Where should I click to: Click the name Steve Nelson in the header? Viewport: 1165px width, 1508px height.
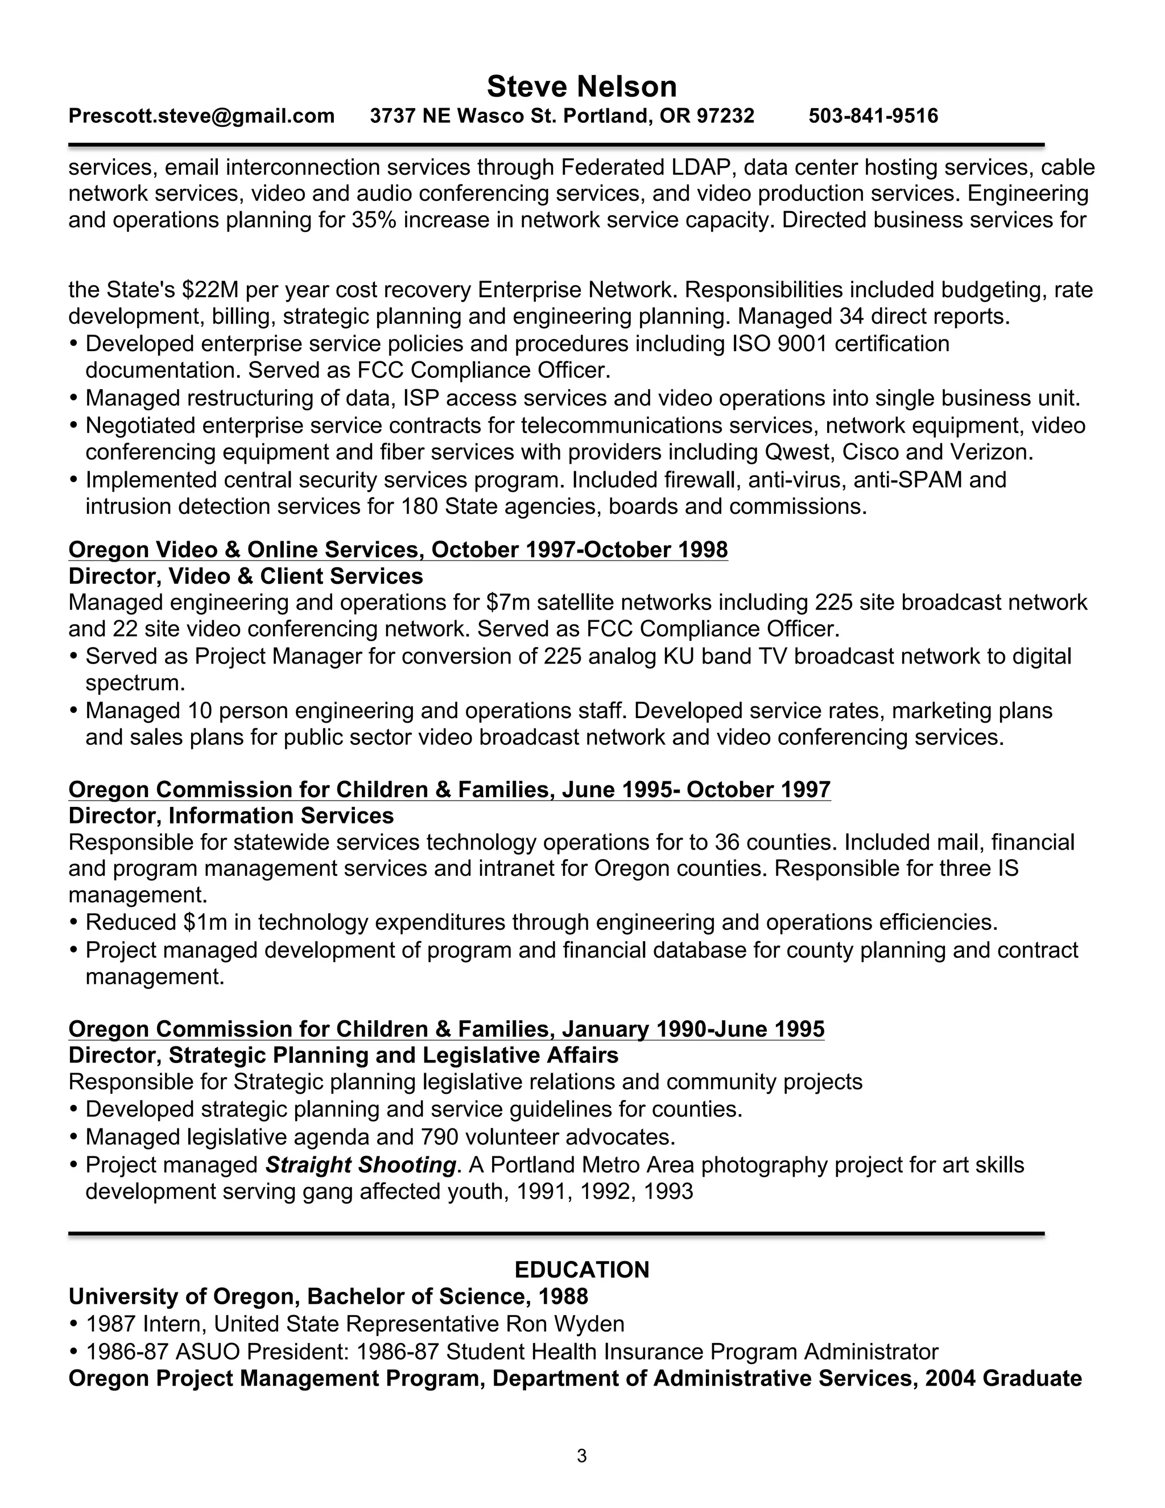click(x=582, y=87)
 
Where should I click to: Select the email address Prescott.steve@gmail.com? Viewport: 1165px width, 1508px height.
click(x=201, y=116)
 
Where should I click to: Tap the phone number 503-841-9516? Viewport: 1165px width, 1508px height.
click(x=873, y=116)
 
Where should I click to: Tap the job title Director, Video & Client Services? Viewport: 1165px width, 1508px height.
click(x=246, y=576)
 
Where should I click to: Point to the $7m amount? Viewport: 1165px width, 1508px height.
click(x=508, y=603)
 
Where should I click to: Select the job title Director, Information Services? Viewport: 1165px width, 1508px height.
click(x=231, y=815)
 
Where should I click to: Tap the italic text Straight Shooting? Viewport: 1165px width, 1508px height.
click(x=360, y=1165)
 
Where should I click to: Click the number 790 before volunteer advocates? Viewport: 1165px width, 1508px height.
click(x=438, y=1136)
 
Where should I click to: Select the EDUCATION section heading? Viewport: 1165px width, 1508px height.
click(x=582, y=1270)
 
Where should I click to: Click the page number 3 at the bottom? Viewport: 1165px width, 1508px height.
click(x=582, y=1456)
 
